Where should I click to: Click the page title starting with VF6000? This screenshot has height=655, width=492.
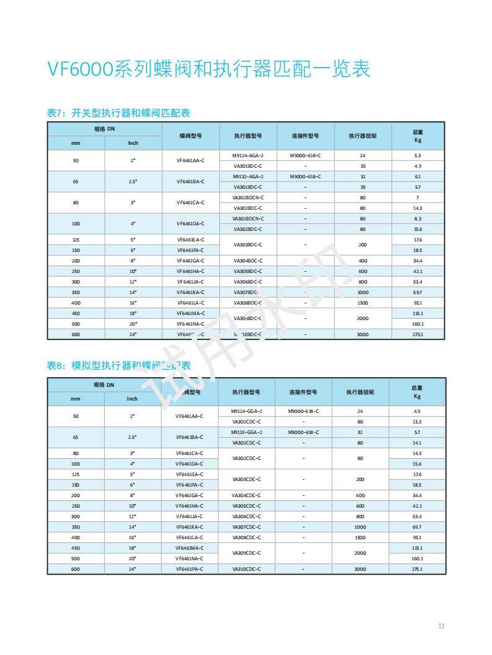pyautogui.click(x=209, y=69)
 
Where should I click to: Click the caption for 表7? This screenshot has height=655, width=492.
pyautogui.click(x=118, y=113)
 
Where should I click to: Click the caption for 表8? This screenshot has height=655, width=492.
pyautogui.click(x=118, y=366)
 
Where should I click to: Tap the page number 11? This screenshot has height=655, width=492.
pyautogui.click(x=441, y=626)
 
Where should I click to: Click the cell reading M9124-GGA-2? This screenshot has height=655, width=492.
pyautogui.click(x=247, y=411)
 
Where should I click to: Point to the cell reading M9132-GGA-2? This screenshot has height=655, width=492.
pyautogui.click(x=247, y=432)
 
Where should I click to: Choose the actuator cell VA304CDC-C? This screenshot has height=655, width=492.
pyautogui.click(x=247, y=495)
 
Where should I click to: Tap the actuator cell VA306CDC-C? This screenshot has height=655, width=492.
pyautogui.click(x=247, y=516)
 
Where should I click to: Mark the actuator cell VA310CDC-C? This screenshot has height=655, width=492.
pyautogui.click(x=247, y=568)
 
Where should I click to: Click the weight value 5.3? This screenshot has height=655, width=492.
pyautogui.click(x=418, y=155)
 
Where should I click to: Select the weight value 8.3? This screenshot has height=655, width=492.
pyautogui.click(x=418, y=219)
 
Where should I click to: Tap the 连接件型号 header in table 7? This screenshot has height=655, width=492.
pyautogui.click(x=305, y=136)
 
